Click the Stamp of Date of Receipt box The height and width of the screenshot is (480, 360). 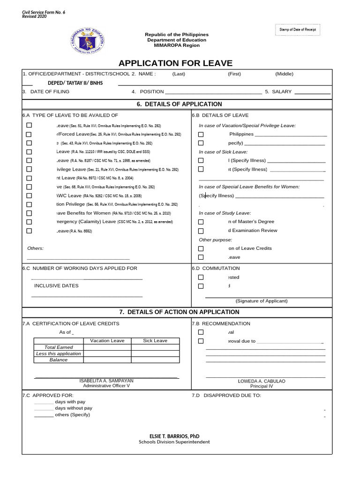[298, 30]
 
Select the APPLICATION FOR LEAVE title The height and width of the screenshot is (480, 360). [175, 63]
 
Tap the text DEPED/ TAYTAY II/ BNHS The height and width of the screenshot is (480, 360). [75, 83]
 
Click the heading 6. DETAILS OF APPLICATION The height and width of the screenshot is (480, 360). [180, 104]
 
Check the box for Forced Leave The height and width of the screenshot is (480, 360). [29, 134]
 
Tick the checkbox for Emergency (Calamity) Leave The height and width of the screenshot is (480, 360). [29, 222]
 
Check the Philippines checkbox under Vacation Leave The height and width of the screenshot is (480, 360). [201, 134]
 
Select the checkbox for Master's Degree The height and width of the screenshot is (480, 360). [201, 222]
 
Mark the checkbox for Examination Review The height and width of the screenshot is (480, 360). [201, 231]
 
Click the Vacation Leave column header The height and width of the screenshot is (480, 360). [107, 341]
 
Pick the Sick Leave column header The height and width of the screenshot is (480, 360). [155, 341]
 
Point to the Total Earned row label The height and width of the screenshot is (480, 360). [59, 347]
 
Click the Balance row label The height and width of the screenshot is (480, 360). [59, 360]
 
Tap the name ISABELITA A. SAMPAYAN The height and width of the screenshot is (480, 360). [106, 381]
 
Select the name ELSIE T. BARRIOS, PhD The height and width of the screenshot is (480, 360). [174, 436]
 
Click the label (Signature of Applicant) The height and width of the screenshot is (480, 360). [262, 301]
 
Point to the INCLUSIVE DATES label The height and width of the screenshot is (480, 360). [56, 285]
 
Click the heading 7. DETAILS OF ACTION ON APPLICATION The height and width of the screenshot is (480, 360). [180, 312]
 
